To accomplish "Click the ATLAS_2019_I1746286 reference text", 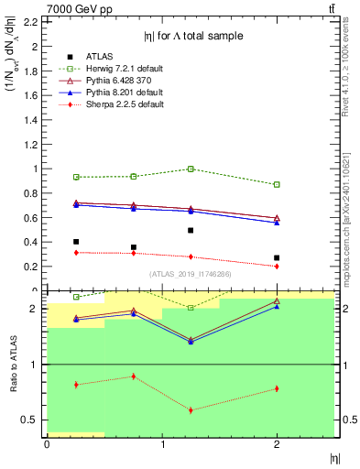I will (x=191, y=274).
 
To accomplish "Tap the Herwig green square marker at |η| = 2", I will (x=277, y=184).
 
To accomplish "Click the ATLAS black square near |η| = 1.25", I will (x=191, y=231).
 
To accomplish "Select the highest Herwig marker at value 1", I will (x=191, y=169).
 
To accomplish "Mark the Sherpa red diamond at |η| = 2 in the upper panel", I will (x=277, y=266).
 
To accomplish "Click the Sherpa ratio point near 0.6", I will (x=191, y=409).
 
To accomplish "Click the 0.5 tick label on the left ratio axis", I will (x=32, y=420).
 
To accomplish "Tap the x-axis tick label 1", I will (x=162, y=445).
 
